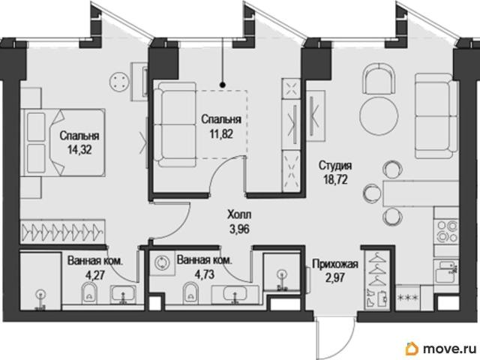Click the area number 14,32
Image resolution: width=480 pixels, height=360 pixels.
(79, 150)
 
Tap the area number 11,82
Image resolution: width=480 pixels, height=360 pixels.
(221, 133)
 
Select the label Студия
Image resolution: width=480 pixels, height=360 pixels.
(335, 166)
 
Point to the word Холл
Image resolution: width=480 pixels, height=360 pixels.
(239, 214)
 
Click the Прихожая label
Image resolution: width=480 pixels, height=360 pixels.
(335, 263)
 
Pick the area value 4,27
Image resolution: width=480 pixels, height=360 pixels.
(94, 275)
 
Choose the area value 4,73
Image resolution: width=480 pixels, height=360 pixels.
(205, 274)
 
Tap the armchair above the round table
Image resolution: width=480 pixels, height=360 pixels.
(378, 78)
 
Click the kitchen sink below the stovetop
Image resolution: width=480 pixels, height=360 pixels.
(448, 272)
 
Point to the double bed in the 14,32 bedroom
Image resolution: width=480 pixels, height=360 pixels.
(63, 142)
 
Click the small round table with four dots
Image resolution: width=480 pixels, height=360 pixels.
(118, 82)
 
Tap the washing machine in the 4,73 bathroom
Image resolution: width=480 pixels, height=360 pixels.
(162, 263)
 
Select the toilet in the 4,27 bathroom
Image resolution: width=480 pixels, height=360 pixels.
(89, 292)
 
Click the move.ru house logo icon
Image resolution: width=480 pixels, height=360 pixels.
(412, 348)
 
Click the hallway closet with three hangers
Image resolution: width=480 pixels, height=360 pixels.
(377, 279)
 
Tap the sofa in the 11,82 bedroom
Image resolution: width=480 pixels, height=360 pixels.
(174, 124)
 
